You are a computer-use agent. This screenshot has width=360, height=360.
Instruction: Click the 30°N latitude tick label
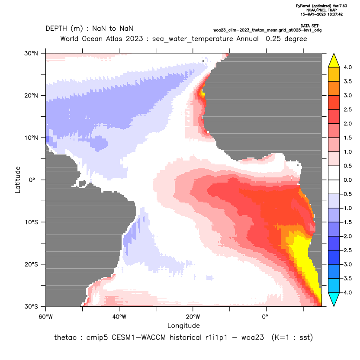coord(31,53)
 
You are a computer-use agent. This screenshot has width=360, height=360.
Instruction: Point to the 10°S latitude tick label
coord(31,222)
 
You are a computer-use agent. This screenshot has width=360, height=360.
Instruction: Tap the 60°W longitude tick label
coord(46,317)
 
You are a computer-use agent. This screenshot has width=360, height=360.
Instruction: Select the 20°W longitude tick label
coord(193,317)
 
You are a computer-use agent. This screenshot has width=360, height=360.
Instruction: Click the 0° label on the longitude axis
coord(265,317)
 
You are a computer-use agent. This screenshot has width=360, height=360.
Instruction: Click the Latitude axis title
coord(18,180)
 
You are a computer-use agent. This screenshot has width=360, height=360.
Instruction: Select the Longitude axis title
coord(183,325)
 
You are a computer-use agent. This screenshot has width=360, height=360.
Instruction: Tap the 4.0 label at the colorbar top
coord(348,67)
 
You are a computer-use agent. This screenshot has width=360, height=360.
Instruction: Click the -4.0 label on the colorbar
coord(347,292)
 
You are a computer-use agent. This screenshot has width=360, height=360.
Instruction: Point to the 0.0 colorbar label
coord(348,180)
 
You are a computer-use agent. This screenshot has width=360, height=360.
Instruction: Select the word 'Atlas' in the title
coord(114,39)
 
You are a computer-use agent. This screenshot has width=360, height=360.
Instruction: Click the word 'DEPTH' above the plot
coord(56,29)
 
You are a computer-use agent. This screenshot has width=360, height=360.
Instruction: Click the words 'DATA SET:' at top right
coord(310,26)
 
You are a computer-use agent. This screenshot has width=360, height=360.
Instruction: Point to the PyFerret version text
coord(321,6)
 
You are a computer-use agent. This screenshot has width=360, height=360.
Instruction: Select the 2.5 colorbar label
coord(348,109)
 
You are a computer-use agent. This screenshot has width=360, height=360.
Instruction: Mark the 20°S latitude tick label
coord(31,264)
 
